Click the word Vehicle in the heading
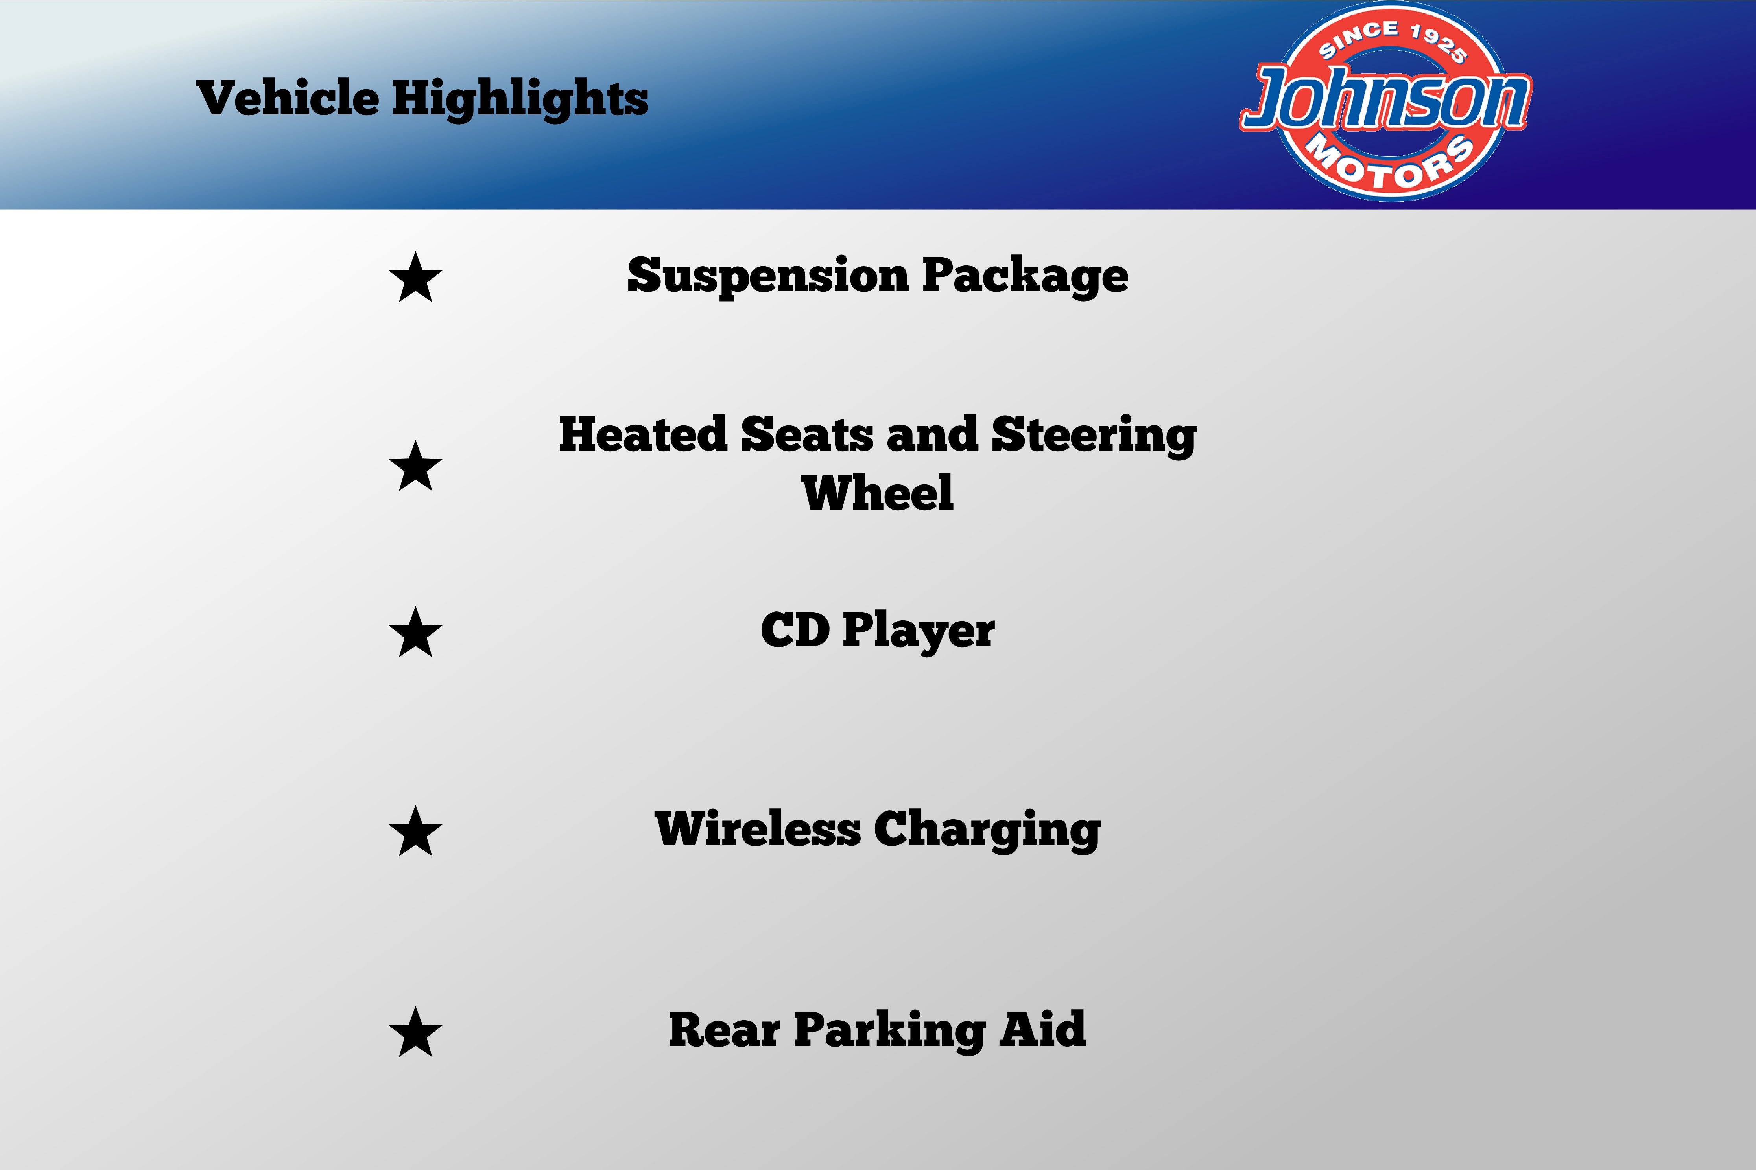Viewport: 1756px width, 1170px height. pyautogui.click(x=288, y=98)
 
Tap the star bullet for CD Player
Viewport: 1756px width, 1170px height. pyautogui.click(x=415, y=632)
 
